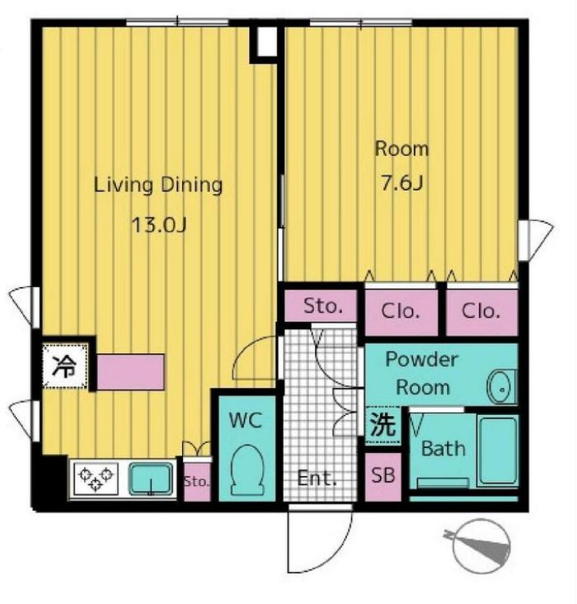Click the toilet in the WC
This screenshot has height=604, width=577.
pyautogui.click(x=247, y=470)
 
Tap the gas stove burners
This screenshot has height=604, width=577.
pyautogui.click(x=96, y=478)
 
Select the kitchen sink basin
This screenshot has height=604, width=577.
pyautogui.click(x=151, y=479)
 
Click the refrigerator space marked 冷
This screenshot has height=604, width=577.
pyautogui.click(x=64, y=366)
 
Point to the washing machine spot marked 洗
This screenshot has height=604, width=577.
pyautogui.click(x=383, y=424)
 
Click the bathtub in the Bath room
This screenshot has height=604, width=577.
pyautogui.click(x=498, y=451)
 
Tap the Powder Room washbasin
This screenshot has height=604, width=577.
pyautogui.click(x=501, y=388)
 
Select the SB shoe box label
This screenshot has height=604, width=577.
pyautogui.click(x=383, y=475)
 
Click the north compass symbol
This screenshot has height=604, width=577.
pyautogui.click(x=481, y=546)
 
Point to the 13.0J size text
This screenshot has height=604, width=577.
pyautogui.click(x=159, y=225)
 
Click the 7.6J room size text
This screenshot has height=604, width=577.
pyautogui.click(x=402, y=182)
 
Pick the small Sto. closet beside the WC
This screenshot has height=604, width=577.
pyautogui.click(x=198, y=482)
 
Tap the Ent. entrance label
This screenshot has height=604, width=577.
pyautogui.click(x=317, y=479)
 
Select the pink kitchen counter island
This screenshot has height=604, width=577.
pyautogui.click(x=130, y=372)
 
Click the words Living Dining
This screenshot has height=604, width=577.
pyautogui.click(x=158, y=186)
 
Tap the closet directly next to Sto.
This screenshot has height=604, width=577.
pyautogui.click(x=401, y=312)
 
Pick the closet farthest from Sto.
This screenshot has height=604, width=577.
pyautogui.click(x=482, y=312)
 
